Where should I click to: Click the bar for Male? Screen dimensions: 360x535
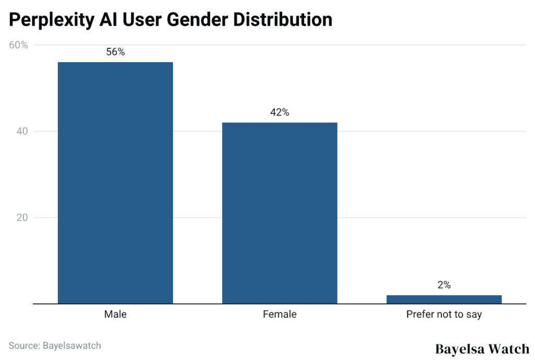pyautogui.click(x=115, y=182)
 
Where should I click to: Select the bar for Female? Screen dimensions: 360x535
pyautogui.click(x=280, y=213)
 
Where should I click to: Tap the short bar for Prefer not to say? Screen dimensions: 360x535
pyautogui.click(x=444, y=299)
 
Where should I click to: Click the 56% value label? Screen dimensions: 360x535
pyautogui.click(x=115, y=52)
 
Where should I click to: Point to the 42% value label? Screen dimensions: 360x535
pyautogui.click(x=280, y=112)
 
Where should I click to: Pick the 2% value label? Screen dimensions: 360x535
pyautogui.click(x=444, y=285)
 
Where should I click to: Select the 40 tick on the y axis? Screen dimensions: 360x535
pyautogui.click(x=22, y=131)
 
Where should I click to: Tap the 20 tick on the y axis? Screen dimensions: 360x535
pyautogui.click(x=22, y=217)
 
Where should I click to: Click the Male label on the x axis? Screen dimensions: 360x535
pyautogui.click(x=115, y=315)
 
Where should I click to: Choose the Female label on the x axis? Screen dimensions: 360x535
pyautogui.click(x=280, y=315)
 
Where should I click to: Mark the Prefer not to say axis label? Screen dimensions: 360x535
pyautogui.click(x=444, y=315)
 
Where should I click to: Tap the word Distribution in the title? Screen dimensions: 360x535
pyautogui.click(x=283, y=20)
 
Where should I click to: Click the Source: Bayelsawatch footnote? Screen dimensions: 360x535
pyautogui.click(x=55, y=345)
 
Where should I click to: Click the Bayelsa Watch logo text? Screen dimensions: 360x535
pyautogui.click(x=482, y=349)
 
